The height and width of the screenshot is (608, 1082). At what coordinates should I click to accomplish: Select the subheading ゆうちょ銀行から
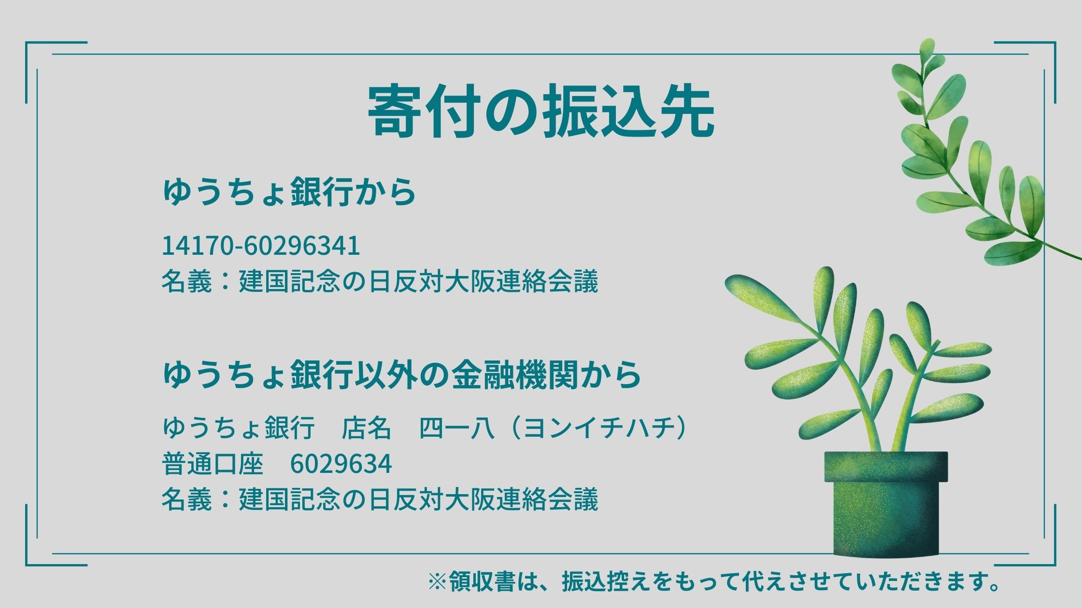click(x=289, y=192)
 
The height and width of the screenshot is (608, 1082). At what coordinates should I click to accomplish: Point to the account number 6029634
click(x=341, y=464)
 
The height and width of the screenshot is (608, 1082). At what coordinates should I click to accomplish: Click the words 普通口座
click(x=213, y=464)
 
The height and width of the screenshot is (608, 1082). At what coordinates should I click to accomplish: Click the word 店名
click(x=366, y=428)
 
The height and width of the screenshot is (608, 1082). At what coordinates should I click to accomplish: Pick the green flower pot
click(x=886, y=503)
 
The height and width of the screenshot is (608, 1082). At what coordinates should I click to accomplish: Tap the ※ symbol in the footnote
click(x=438, y=582)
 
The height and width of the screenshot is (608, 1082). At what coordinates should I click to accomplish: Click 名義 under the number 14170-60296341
click(x=186, y=281)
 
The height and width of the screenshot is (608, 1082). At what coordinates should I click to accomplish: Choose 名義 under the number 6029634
click(x=186, y=499)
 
